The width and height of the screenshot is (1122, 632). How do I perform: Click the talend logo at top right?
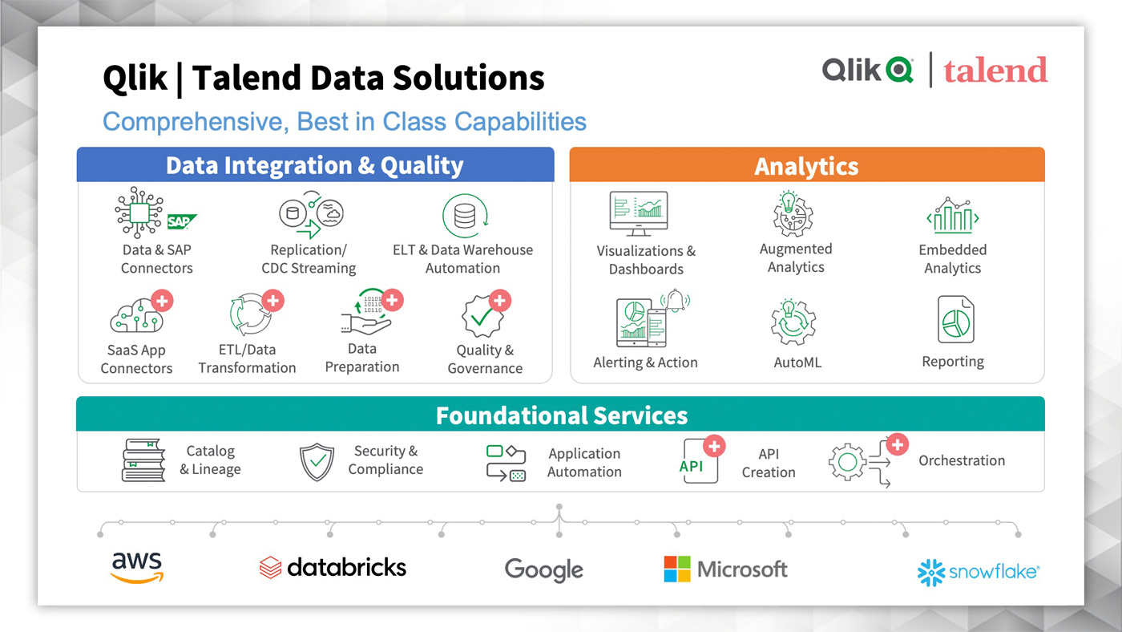pos(995,70)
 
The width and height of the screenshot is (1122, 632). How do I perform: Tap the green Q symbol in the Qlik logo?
pos(899,70)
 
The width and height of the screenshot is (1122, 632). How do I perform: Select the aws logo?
pos(137,568)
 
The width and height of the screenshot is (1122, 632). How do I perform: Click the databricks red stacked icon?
pos(271,567)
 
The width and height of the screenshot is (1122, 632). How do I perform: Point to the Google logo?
pos(544,570)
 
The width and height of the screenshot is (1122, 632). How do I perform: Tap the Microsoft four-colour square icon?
pos(677,569)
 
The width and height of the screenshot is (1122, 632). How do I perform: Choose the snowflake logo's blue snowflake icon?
pos(931,573)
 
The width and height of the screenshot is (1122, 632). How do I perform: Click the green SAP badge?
pos(181,221)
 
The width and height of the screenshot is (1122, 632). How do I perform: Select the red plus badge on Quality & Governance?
pos(500,301)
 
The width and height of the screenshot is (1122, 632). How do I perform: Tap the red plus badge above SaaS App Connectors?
pos(162,301)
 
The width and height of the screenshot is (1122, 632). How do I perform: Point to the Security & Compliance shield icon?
pos(317,462)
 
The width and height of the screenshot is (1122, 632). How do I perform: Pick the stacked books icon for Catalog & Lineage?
pos(143,460)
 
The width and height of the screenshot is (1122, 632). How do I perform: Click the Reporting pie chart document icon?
pos(955,319)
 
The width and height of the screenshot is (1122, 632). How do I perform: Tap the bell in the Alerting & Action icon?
pos(675,300)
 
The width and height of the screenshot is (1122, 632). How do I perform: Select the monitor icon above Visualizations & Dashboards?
pos(639,213)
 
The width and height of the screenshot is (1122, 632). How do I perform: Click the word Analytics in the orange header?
pos(806,166)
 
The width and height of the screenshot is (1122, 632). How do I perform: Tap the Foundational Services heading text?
pos(562,415)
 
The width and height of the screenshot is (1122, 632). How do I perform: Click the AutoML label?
pos(797,363)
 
